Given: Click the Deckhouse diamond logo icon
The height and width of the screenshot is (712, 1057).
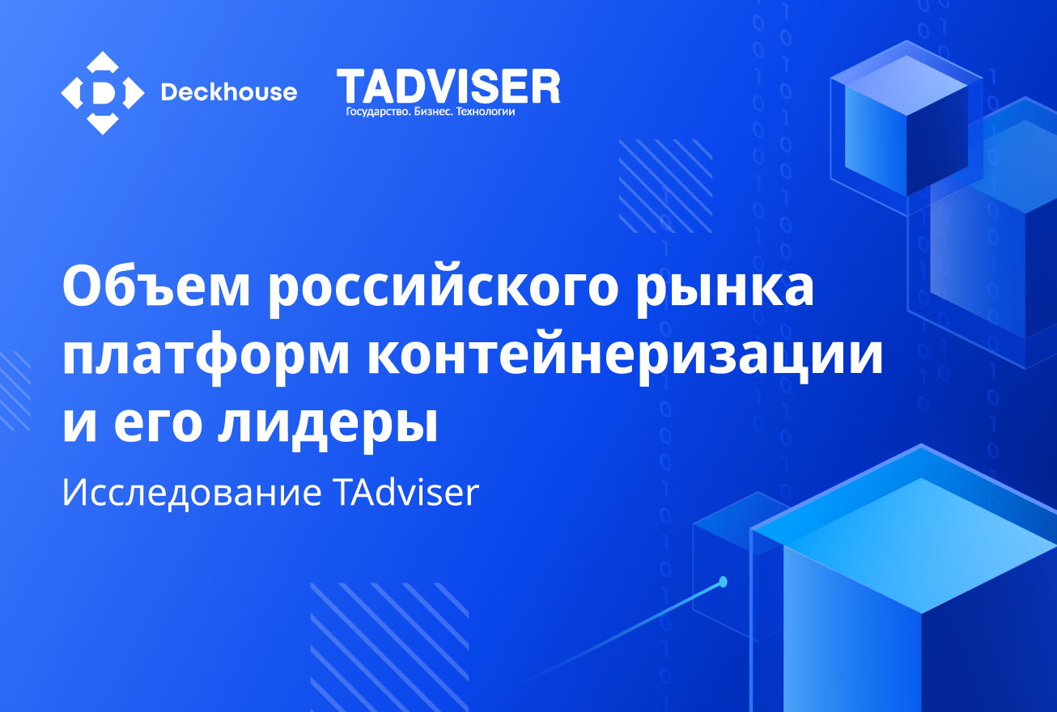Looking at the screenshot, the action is [x=103, y=93].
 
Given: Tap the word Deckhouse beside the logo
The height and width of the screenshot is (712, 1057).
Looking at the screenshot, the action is [x=229, y=92].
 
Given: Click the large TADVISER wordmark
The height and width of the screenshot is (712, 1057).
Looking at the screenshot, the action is [x=448, y=87].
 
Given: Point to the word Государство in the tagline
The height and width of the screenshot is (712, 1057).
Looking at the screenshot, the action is [x=377, y=112].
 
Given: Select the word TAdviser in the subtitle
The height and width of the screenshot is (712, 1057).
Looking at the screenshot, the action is [x=407, y=493].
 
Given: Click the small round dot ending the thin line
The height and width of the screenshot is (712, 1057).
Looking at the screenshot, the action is [x=723, y=582].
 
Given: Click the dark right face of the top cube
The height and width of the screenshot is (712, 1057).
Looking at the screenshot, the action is [x=937, y=141].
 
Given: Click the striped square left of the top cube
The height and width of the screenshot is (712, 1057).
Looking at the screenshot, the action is [x=665, y=186].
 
